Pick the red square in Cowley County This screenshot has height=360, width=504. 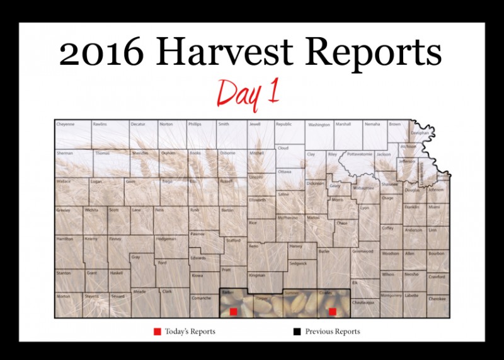point(333,311)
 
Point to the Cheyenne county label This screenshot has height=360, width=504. point(66,124)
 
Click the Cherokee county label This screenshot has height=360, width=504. point(437,298)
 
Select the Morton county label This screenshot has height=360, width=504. point(63,296)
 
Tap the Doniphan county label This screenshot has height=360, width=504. point(420,133)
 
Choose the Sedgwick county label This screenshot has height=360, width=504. point(298,262)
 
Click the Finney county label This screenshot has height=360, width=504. point(115,239)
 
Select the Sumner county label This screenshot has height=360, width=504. point(291,294)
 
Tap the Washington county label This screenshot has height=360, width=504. point(318,125)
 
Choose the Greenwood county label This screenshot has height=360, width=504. point(362,251)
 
